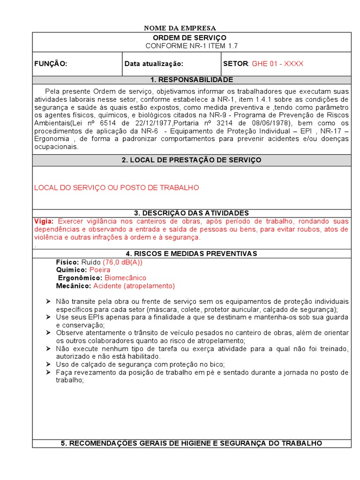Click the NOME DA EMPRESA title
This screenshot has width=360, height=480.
pos(180,28)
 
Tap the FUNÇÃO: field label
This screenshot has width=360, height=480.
pos(51,64)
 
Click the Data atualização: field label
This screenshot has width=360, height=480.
pos(154,64)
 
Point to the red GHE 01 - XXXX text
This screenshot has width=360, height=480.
pos(277,64)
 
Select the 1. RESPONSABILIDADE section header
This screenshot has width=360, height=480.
pos(191,80)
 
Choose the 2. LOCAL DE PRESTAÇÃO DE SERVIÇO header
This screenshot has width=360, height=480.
pos(191,160)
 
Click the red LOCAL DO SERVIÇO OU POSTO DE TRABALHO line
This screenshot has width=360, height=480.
pos(117,187)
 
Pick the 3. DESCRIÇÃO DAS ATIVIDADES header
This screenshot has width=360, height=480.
pos(191,213)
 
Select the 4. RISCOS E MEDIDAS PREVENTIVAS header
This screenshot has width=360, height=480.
pos(191,254)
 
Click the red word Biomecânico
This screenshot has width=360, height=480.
pos(125,278)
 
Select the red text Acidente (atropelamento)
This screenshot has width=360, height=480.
pos(134,286)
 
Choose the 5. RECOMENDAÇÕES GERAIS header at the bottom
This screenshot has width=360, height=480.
pos(191,443)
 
